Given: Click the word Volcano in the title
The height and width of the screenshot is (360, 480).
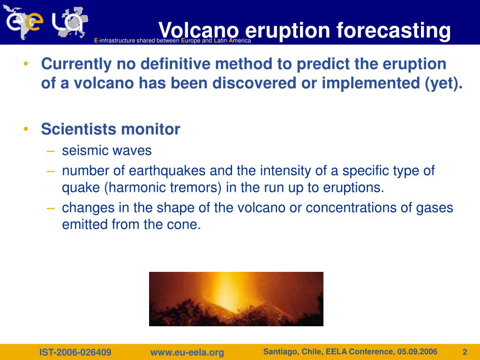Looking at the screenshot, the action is coord(199,30).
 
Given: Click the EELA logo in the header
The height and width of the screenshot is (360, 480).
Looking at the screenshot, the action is coord(45,22).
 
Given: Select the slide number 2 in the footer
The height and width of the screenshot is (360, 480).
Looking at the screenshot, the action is coord(465,352).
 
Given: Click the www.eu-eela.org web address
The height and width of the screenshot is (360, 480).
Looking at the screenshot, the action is coord(187,352).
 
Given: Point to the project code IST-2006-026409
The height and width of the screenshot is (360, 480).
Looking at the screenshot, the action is coord(75,352).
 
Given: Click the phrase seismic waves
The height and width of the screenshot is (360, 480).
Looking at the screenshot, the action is coord(107,150).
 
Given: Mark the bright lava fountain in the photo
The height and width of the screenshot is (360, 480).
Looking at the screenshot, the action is coord(225,291).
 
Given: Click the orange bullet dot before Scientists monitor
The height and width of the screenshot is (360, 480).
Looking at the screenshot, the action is coord(26,129).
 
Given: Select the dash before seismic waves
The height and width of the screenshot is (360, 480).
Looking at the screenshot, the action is coord(51,151).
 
